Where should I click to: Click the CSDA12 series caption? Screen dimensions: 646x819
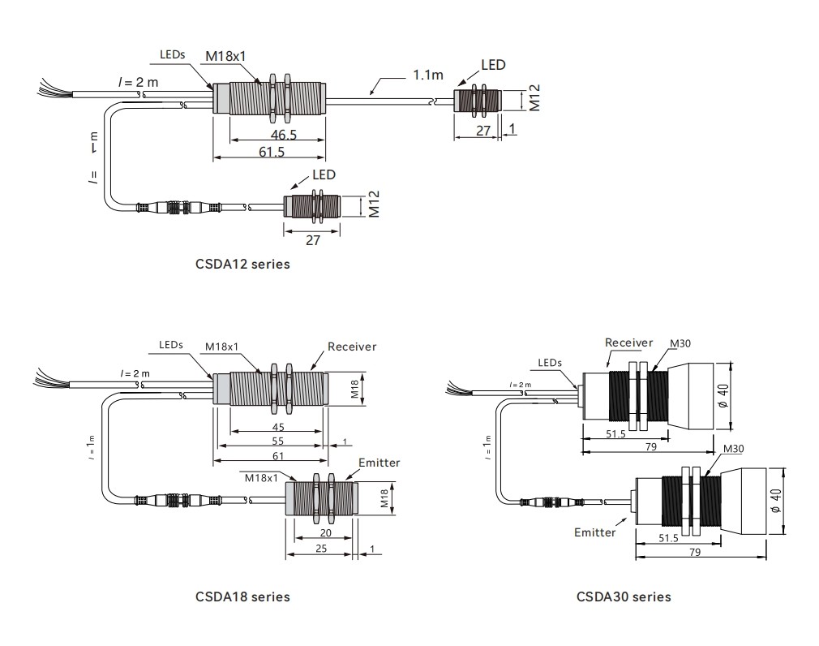tap(242, 265)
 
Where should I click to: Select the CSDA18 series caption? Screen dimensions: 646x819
tap(242, 596)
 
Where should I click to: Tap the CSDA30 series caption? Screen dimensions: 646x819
tap(624, 596)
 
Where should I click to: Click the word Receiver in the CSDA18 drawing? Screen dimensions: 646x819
tap(352, 347)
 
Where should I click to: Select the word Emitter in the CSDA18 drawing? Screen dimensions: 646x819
tap(379, 463)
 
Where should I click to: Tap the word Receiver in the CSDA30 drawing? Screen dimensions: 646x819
tap(629, 342)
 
